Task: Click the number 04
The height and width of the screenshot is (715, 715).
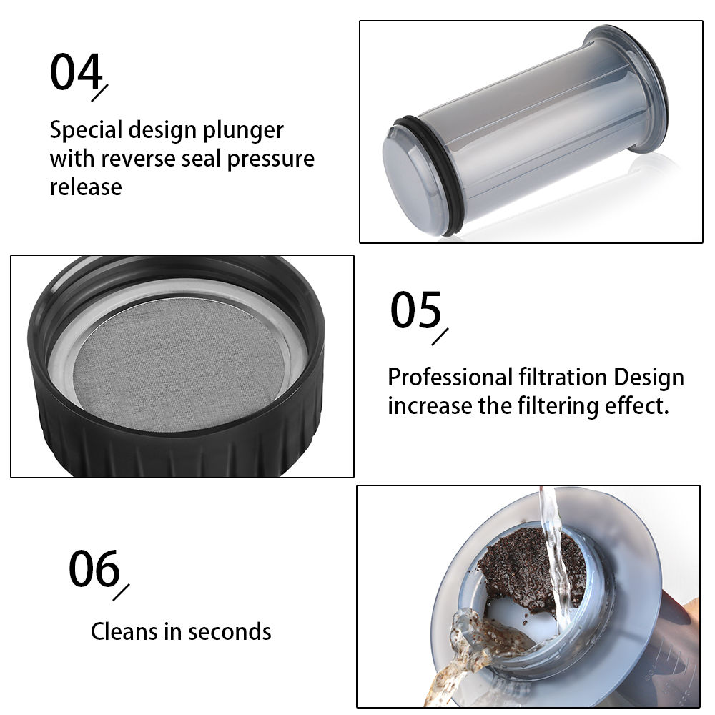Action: pos(77,71)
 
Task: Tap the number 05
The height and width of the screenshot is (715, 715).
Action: pos(416,310)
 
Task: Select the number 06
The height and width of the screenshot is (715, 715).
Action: pos(94,568)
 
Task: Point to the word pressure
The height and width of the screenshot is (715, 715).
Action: pos(270,160)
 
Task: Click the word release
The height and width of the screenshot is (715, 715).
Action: pos(86,187)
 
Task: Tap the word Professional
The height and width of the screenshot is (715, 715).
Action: pos(450,378)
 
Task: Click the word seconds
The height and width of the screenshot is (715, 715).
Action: pos(230,631)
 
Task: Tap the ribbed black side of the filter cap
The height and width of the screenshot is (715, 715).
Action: pos(173,438)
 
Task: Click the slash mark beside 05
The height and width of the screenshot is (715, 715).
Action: pos(440,337)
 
